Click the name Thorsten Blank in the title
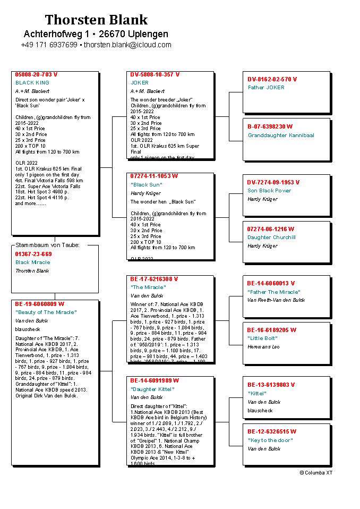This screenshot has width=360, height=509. tap(96, 20)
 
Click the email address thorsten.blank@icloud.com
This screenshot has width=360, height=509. tap(127, 45)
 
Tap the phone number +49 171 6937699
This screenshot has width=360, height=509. tap(49, 45)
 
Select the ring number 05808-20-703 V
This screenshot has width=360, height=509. tap(37, 75)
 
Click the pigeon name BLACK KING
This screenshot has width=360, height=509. tap(32, 83)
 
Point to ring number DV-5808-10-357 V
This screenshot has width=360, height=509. tap(155, 75)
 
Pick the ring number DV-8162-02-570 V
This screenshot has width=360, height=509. tap(272, 79)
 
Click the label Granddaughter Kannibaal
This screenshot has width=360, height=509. tap(281, 135)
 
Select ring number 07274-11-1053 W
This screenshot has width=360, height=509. tap(154, 176)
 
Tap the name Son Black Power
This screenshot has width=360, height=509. tap(269, 191)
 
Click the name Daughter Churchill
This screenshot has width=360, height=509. tap(271, 237)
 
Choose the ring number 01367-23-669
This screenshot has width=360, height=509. tap(33, 254)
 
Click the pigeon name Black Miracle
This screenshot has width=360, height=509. tap(33, 262)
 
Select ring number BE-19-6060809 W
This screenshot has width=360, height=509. tap(40, 304)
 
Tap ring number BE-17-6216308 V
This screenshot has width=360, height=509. tap(154, 279)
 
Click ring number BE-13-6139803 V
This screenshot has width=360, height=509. tap(271, 385)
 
